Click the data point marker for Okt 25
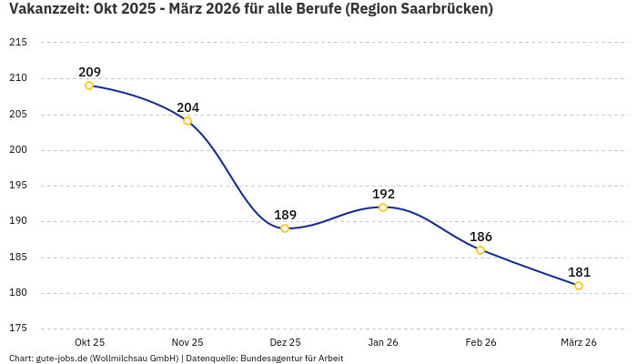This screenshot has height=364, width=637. tap(89, 86)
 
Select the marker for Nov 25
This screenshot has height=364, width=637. tap(187, 121)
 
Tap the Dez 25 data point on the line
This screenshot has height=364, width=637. tap(285, 228)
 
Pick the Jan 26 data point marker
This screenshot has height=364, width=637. tap(383, 207)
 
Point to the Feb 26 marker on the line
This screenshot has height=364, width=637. tap(480, 250)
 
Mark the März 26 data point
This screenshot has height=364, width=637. tap(579, 286)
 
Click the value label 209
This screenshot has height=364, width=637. tap(89, 72)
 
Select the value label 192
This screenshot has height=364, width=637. tap(383, 194)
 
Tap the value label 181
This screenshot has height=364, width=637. tap(579, 272)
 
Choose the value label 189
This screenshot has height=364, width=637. tap(285, 215)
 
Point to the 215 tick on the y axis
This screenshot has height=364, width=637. tap(18, 43)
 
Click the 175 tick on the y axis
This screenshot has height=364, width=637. tap(18, 329)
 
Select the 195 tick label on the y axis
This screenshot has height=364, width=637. tap(18, 186)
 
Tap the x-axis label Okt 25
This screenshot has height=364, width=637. tap(89, 343)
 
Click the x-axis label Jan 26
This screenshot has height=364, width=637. tap(383, 343)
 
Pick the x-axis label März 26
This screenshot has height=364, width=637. tap(579, 343)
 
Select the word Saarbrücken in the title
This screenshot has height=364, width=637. tap(440, 10)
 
